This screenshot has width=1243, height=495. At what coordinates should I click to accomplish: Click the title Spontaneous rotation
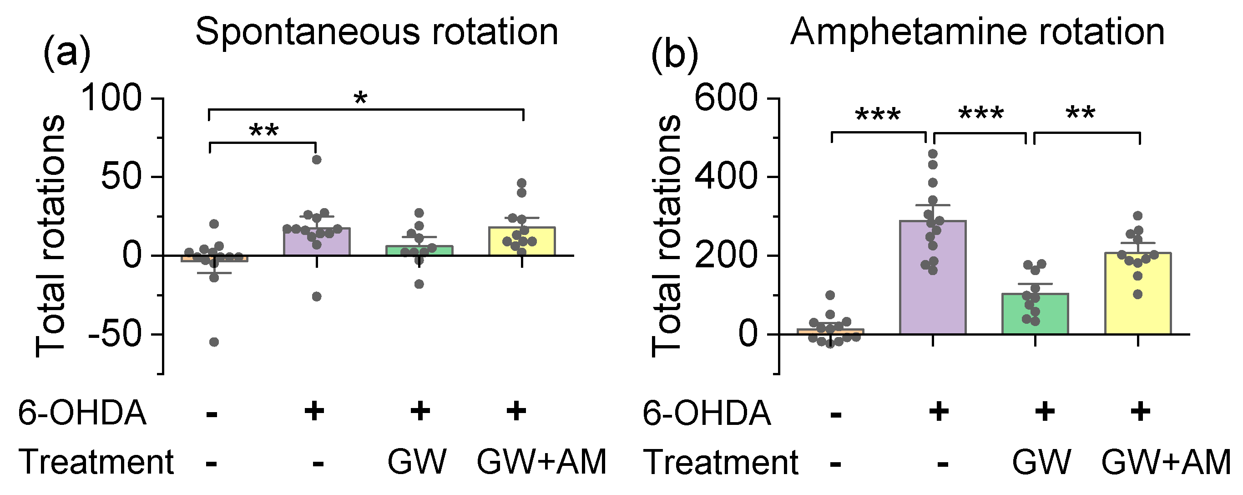coord(376,32)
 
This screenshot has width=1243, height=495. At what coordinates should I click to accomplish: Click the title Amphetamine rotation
coord(977,32)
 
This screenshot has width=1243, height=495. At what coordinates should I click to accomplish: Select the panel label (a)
coord(66,53)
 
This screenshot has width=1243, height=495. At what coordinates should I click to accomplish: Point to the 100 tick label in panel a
coord(112,98)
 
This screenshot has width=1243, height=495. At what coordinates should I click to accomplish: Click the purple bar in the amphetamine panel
coord(932,290)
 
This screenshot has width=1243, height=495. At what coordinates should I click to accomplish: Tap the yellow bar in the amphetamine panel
coord(1138,295)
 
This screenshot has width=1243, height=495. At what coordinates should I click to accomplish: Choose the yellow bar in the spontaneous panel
coord(521,242)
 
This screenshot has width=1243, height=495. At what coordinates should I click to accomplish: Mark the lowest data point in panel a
coord(214,342)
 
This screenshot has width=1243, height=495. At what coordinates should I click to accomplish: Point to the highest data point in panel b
coord(933,154)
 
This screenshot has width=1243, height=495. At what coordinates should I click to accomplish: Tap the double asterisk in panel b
coord(1081,114)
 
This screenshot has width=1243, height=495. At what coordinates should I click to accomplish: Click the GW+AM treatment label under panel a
coord(541,462)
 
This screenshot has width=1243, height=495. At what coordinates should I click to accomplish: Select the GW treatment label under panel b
coord(1041,462)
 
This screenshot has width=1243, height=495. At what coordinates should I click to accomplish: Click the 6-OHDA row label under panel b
coord(707,413)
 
